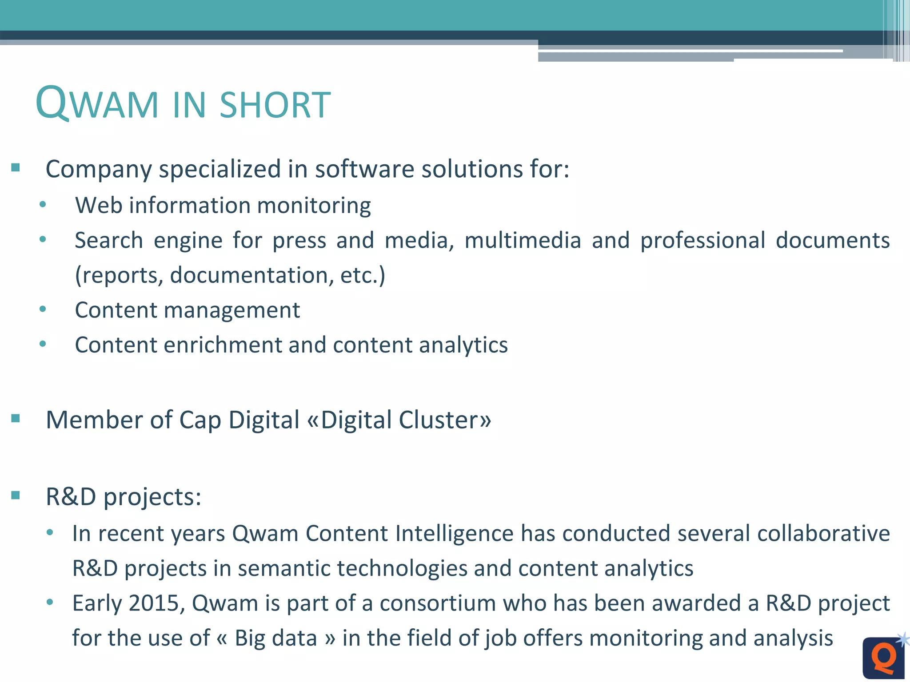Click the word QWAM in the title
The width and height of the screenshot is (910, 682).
97,103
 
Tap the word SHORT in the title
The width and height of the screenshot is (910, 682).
275,105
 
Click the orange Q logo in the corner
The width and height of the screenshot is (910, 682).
883,658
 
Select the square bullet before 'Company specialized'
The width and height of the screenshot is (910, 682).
16,168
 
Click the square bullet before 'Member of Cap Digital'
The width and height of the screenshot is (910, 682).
16,419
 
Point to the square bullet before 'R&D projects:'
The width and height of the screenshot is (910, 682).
16,495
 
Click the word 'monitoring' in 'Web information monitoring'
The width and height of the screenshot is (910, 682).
314,206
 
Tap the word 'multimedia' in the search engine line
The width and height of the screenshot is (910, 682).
523,240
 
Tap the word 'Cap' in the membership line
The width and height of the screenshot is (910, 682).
200,420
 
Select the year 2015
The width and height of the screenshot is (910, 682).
153,603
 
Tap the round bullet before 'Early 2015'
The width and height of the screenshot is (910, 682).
50,602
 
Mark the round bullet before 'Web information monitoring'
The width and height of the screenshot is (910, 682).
43,205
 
